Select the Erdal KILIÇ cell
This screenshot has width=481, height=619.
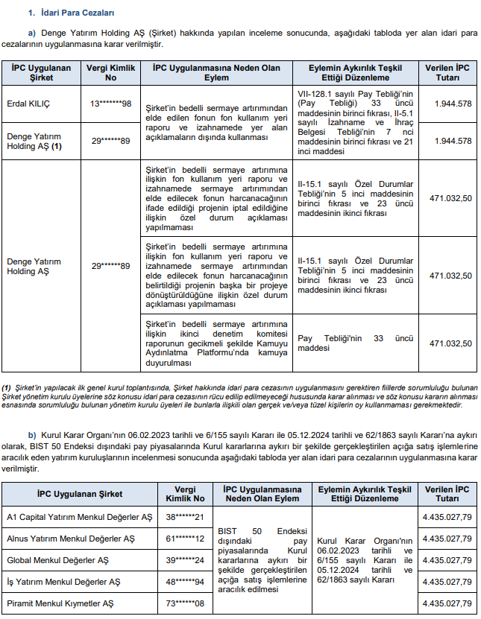(x=28, y=104)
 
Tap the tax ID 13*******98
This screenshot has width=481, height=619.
(x=111, y=104)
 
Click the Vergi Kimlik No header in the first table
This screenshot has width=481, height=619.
(x=111, y=72)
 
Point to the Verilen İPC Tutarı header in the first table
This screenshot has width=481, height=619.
(x=447, y=72)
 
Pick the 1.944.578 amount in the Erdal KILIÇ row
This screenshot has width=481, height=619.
(x=453, y=104)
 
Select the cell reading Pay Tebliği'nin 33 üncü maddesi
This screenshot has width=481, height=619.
(x=355, y=343)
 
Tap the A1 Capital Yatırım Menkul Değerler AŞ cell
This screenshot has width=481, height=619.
(x=79, y=516)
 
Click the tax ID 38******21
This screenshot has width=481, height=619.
(x=185, y=516)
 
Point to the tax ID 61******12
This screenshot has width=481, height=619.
(x=185, y=538)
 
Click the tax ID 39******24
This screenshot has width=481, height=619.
(x=185, y=559)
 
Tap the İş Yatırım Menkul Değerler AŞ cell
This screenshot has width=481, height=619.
(x=63, y=581)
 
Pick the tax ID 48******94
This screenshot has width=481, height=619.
(x=185, y=581)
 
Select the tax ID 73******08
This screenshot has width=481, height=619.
(x=185, y=603)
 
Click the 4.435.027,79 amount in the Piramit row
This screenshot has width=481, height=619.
(x=446, y=603)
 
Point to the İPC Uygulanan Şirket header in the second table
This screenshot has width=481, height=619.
(x=80, y=494)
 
